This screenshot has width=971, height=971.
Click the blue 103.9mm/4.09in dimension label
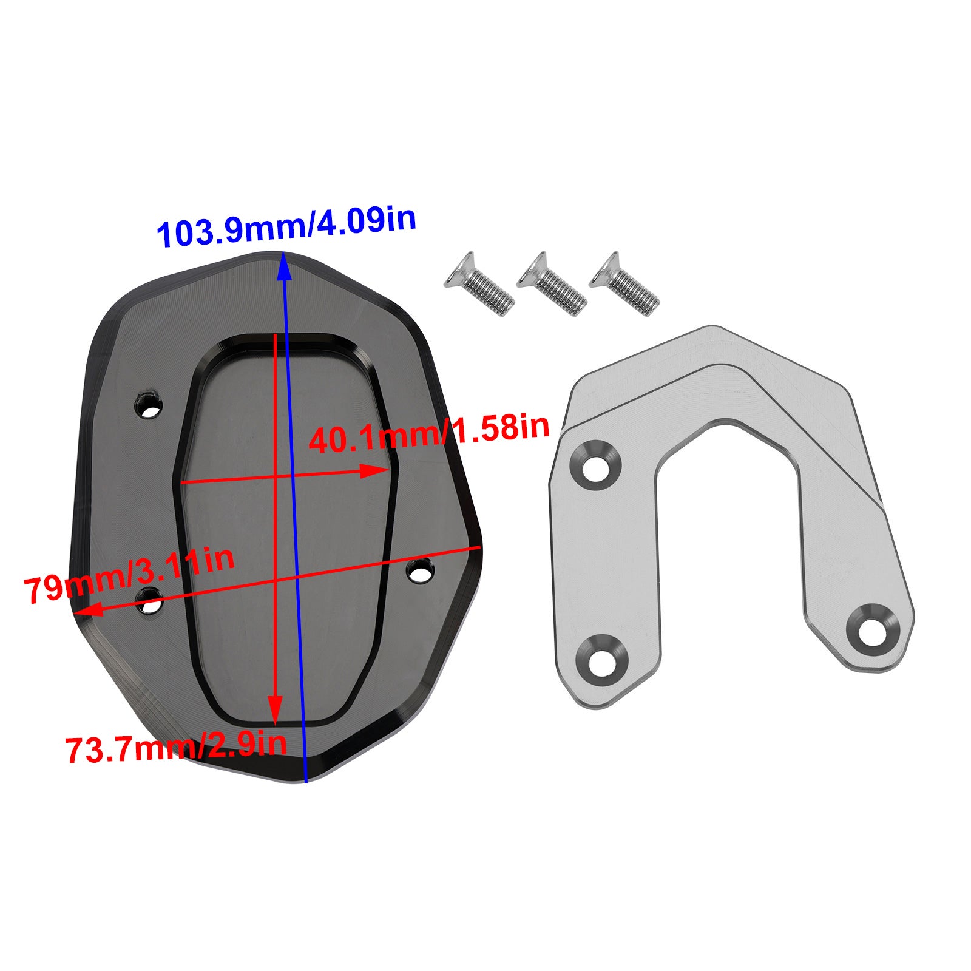(x=286, y=227)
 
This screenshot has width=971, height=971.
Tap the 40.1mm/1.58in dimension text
(x=428, y=433)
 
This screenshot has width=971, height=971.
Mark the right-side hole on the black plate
(x=420, y=571)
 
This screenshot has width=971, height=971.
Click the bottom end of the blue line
(x=306, y=781)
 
